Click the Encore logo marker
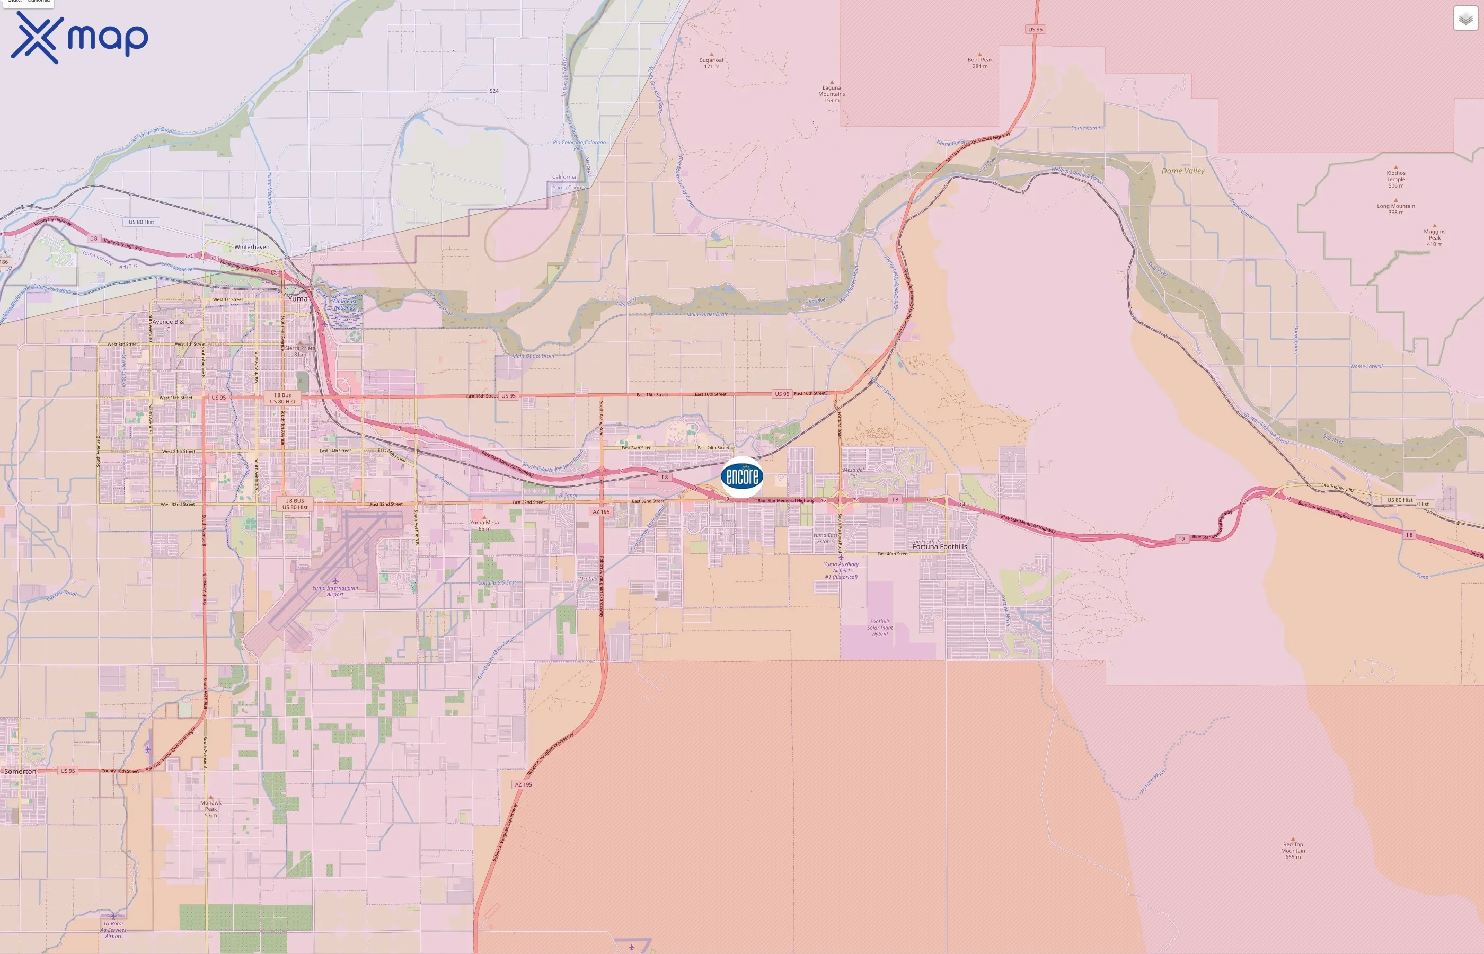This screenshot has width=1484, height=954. pos(741,476)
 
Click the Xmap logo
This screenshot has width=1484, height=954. pos(79,38)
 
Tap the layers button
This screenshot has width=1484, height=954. pos(1465,19)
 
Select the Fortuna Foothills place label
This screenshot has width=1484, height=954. pos(939,546)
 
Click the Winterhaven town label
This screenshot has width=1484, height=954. pos(251,247)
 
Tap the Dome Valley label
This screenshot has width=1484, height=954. pos(1182,171)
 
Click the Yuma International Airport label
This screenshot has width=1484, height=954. pos(335,591)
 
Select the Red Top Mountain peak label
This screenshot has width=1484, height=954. pos(1293,850)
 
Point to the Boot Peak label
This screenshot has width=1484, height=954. pos(980,63)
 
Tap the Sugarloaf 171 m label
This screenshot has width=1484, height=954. pos(712,63)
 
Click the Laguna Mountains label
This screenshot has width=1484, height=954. pos(831,93)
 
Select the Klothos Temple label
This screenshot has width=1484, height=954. pos(1395,179)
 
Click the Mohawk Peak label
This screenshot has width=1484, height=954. pos(210,808)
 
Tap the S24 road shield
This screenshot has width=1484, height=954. pos(493,91)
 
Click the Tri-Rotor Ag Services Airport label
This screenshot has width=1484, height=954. pos(113,929)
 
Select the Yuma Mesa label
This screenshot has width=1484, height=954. pos(484,525)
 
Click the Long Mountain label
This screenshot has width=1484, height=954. pos(1395,209)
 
